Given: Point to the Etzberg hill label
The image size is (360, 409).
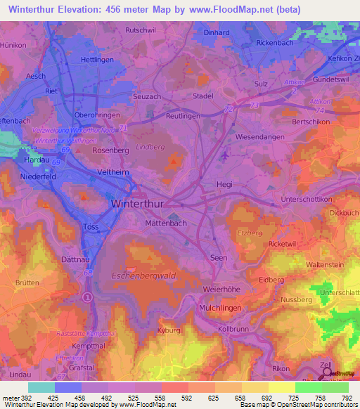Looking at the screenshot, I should pos(250,232).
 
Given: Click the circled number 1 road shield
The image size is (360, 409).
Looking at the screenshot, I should pos(87,297).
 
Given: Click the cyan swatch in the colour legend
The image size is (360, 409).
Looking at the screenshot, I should pos(41,387).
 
